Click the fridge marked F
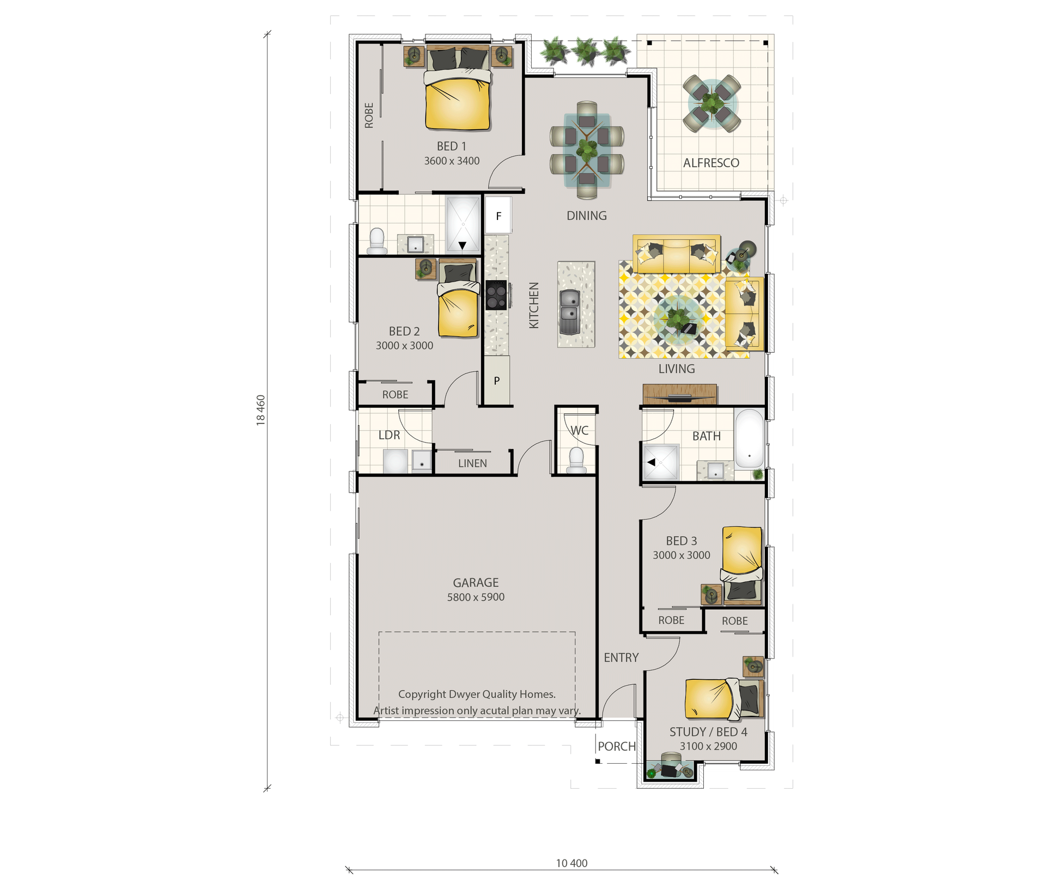(498, 216)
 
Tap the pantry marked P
(497, 380)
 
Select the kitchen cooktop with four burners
(497, 295)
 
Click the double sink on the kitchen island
(569, 311)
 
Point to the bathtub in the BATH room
(750, 438)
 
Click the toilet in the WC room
(576, 461)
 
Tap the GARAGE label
(476, 582)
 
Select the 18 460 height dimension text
(261, 410)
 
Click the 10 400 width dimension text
(571, 863)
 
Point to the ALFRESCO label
(711, 163)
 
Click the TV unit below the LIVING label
(679, 394)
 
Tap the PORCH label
(617, 746)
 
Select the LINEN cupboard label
(472, 463)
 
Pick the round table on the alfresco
(712, 103)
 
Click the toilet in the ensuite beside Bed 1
(377, 241)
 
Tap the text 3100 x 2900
(708, 746)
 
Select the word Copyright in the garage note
(422, 695)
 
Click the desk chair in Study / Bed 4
(671, 759)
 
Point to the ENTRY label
(621, 658)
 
